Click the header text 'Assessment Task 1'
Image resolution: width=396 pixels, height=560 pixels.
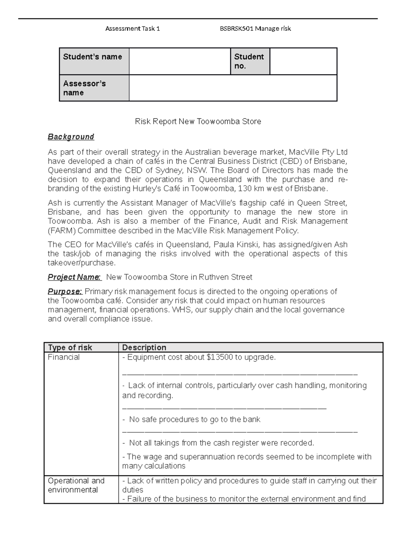(x=132, y=29)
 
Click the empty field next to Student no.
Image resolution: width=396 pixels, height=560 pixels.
(x=303, y=61)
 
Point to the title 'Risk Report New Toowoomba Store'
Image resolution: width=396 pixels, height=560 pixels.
(x=198, y=121)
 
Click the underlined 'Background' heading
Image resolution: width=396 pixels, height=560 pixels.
(x=71, y=137)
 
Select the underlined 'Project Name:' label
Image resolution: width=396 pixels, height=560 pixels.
(x=74, y=277)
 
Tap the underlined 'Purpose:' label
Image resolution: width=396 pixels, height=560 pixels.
(x=65, y=292)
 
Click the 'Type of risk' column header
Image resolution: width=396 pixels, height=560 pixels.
(x=70, y=347)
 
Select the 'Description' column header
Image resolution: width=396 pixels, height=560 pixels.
(x=144, y=347)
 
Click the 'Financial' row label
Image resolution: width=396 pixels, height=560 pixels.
(x=64, y=357)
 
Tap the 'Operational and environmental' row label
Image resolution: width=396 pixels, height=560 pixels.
(x=76, y=485)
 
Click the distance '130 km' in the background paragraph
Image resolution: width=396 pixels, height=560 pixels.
(x=250, y=189)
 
